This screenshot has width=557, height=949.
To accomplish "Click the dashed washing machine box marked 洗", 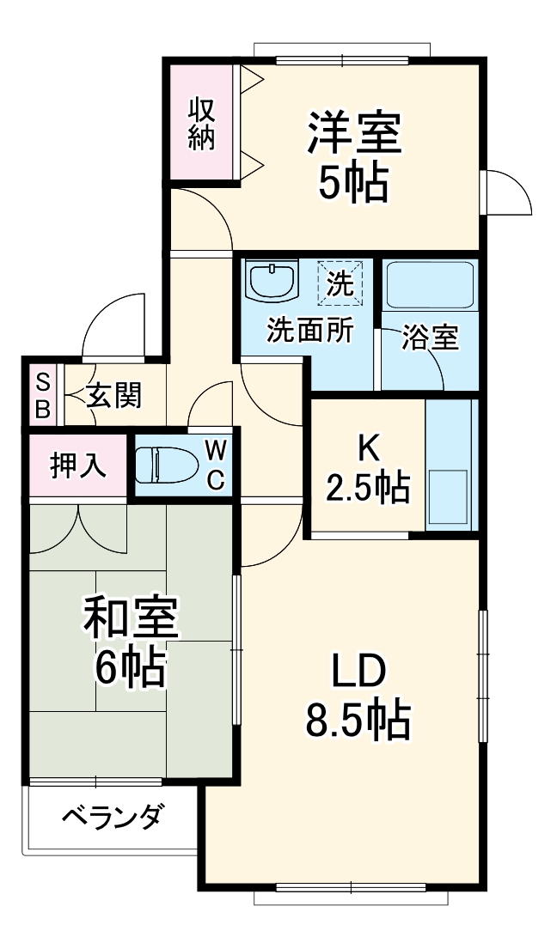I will click(x=340, y=283).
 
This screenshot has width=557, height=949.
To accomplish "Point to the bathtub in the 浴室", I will click(x=430, y=286).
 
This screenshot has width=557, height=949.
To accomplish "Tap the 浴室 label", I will click(x=431, y=338).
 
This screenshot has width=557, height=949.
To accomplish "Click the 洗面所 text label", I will click(x=309, y=331).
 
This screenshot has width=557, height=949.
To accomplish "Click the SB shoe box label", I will click(x=42, y=395).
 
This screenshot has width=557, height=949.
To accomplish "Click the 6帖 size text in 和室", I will click(x=130, y=666).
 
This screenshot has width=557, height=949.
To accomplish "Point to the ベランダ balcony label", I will click(x=111, y=817).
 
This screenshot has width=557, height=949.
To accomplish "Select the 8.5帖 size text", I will click(x=357, y=721).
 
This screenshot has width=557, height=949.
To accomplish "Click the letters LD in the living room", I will click(x=357, y=672).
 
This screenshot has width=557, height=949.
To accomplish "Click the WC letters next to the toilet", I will click(x=216, y=465).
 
